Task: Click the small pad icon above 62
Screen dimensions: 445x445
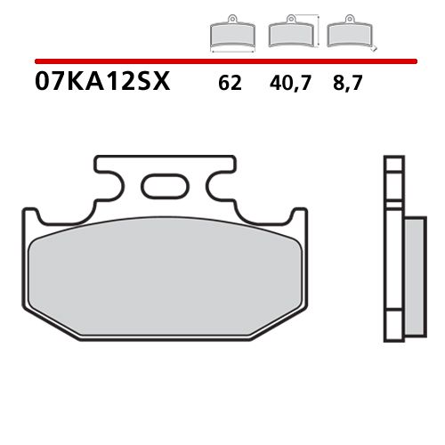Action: point(231,35)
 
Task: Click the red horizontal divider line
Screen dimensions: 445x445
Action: point(222,61)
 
